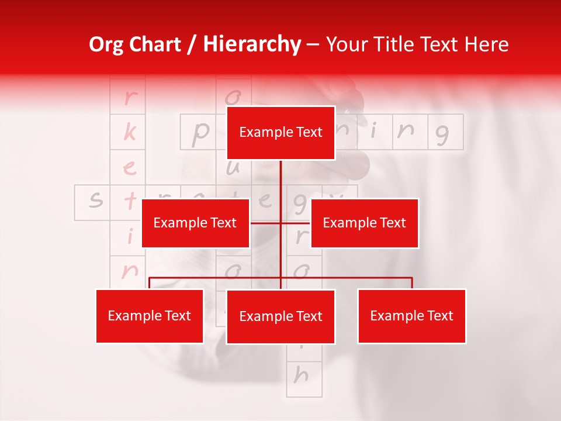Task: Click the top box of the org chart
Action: click(x=280, y=133)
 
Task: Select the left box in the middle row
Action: click(x=195, y=223)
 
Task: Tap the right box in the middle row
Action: click(x=364, y=223)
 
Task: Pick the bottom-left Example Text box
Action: click(x=149, y=316)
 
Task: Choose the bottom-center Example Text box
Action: click(x=280, y=316)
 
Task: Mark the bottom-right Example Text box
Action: click(x=411, y=316)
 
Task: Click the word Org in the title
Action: click(x=107, y=44)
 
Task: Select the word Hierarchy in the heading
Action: click(x=251, y=44)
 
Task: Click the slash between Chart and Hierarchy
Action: click(x=191, y=44)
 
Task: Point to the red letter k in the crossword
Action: click(x=129, y=133)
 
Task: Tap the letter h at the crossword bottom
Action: click(x=300, y=375)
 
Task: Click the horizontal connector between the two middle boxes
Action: click(x=280, y=223)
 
